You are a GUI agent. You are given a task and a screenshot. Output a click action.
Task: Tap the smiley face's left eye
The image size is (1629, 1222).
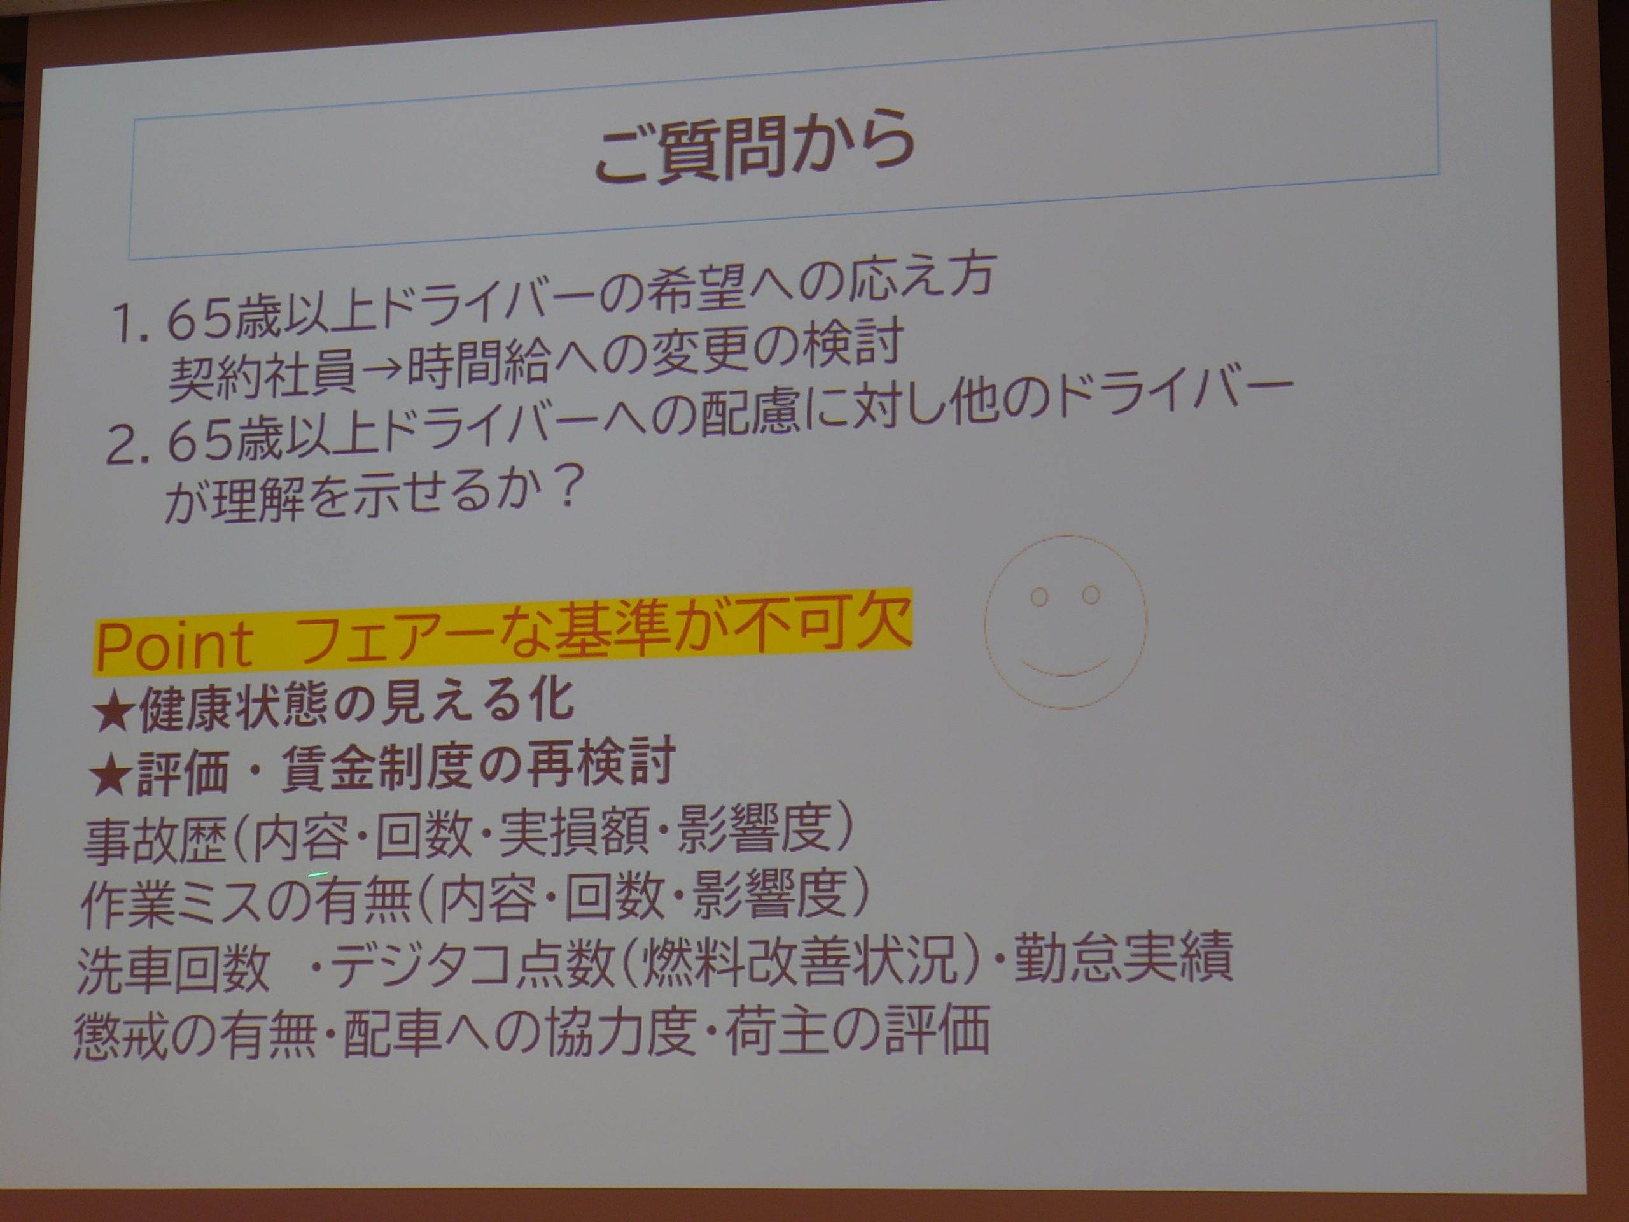[1038, 596]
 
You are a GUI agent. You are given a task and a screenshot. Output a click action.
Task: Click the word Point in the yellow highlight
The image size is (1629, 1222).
[174, 647]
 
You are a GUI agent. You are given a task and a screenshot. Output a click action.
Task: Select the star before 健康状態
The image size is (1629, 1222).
[113, 713]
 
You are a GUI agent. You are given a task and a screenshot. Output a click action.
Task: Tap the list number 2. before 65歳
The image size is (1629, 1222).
[130, 445]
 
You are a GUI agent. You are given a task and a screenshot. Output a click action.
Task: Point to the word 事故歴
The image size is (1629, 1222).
[155, 841]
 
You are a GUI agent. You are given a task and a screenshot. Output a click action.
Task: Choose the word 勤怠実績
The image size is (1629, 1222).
[1122, 956]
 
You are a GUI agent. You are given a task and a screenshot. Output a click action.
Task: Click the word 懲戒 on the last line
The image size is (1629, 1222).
[121, 1036]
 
